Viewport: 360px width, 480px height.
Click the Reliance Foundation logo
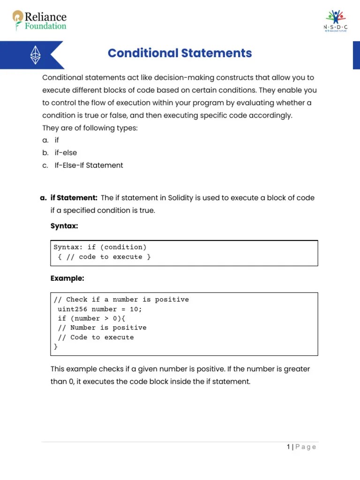[39, 21]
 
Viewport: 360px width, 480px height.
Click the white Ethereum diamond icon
[36, 55]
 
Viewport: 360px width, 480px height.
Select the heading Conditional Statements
[180, 53]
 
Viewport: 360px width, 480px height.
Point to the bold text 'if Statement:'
[74, 198]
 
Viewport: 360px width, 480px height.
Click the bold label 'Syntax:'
[64, 226]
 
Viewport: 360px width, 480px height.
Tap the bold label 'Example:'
[67, 278]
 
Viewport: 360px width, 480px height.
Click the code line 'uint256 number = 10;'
[99, 309]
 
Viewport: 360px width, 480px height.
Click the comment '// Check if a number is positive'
[121, 300]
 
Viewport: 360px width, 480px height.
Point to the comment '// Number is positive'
[102, 328]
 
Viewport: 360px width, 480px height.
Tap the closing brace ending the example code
[56, 347]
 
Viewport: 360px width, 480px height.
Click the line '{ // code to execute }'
[104, 257]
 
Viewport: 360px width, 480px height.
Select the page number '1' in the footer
[288, 447]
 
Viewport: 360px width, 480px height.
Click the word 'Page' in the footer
[306, 447]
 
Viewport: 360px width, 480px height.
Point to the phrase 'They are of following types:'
[90, 128]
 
